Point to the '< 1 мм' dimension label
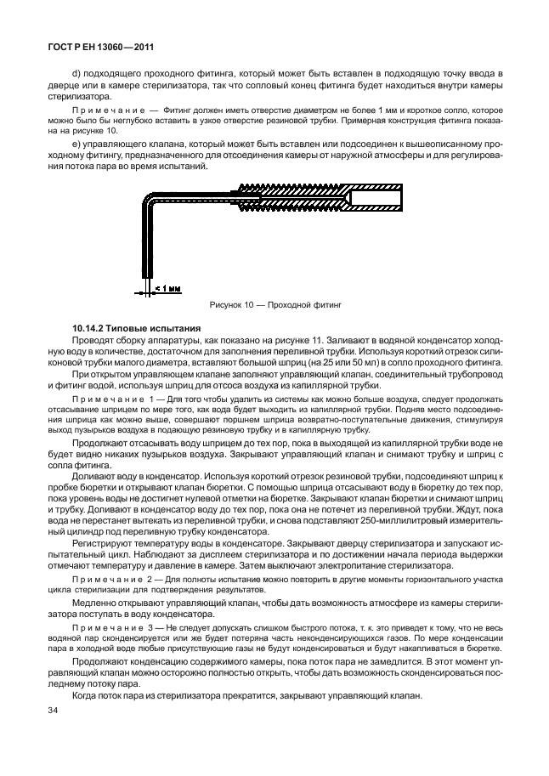(168, 288)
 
